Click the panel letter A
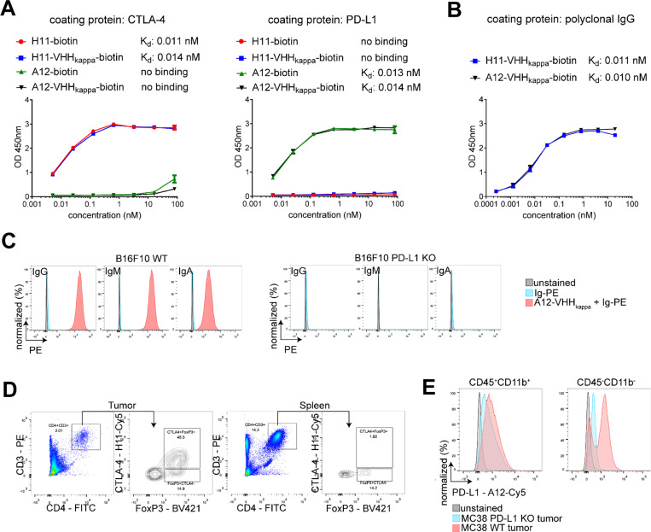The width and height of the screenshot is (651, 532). (x=11, y=11)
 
